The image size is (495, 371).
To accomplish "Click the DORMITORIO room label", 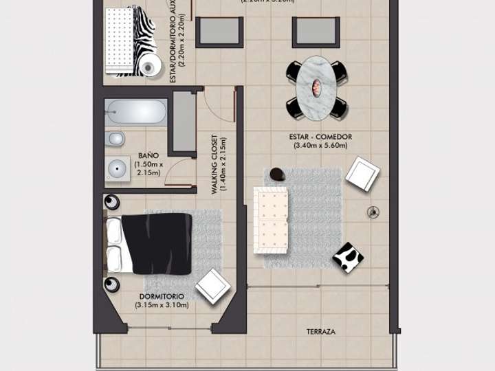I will pos(162,297).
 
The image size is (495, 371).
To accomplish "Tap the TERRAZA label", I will pos(321,332).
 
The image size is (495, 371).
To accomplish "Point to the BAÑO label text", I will pos(149,155).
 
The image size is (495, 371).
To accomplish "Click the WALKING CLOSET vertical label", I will pos(215,164).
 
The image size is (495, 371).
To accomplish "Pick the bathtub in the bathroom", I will pos(136,112).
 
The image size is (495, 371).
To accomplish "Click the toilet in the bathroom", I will pos(115,139).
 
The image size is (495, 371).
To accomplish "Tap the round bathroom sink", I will pos(118,167).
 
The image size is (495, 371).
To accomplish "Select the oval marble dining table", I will pos(317,87).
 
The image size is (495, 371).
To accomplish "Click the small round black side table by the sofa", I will pos(277,175).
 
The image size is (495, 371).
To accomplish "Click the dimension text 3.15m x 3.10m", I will pos(162,305).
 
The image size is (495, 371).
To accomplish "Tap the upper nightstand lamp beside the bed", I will pos(111,202).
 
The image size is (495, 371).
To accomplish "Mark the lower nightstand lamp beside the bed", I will pos(111,284).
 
